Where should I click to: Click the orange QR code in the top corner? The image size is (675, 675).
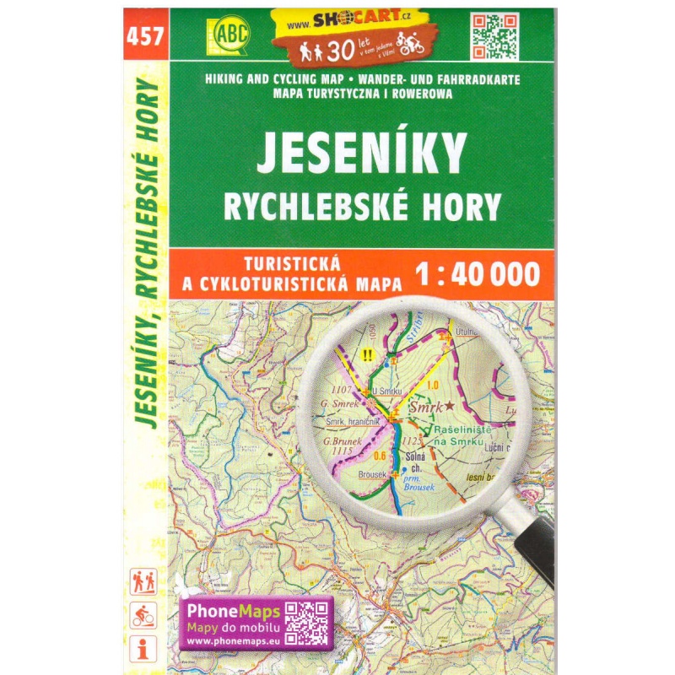point(494,35)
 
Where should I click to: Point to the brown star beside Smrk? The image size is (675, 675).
point(451,406)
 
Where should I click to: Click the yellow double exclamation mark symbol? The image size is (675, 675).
point(366,355)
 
